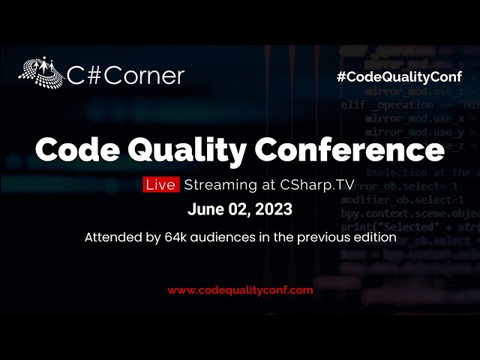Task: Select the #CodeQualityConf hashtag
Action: (x=399, y=76)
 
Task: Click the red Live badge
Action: (x=161, y=184)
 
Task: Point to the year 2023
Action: (x=275, y=209)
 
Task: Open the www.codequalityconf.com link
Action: (x=240, y=289)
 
